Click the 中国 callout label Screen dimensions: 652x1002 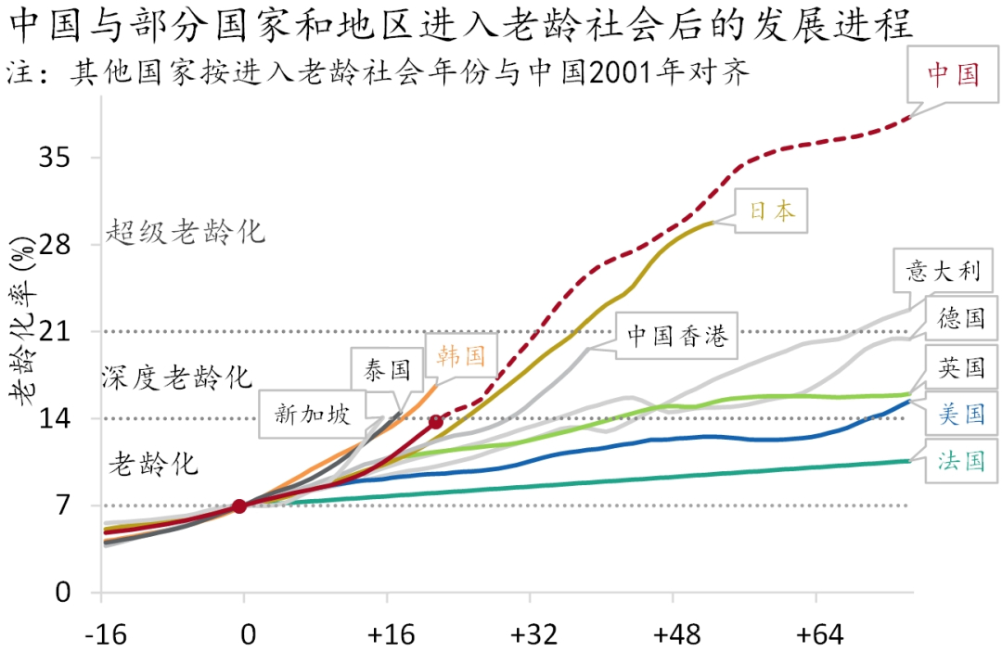pos(953,75)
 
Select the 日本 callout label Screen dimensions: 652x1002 pos(771,211)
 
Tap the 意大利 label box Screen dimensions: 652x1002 pos(943,272)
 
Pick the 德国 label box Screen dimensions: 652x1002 pos(959,320)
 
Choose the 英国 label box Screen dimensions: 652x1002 pos(959,368)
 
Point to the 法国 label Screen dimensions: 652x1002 pos(960,461)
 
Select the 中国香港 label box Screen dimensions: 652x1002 pos(676,335)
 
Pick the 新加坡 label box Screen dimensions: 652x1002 pos(312,414)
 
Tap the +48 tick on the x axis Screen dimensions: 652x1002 pos(677,635)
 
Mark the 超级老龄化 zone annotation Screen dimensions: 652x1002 pos(186,231)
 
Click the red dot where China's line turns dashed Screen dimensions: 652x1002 pos(435,422)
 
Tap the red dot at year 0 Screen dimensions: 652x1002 pos(239,505)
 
